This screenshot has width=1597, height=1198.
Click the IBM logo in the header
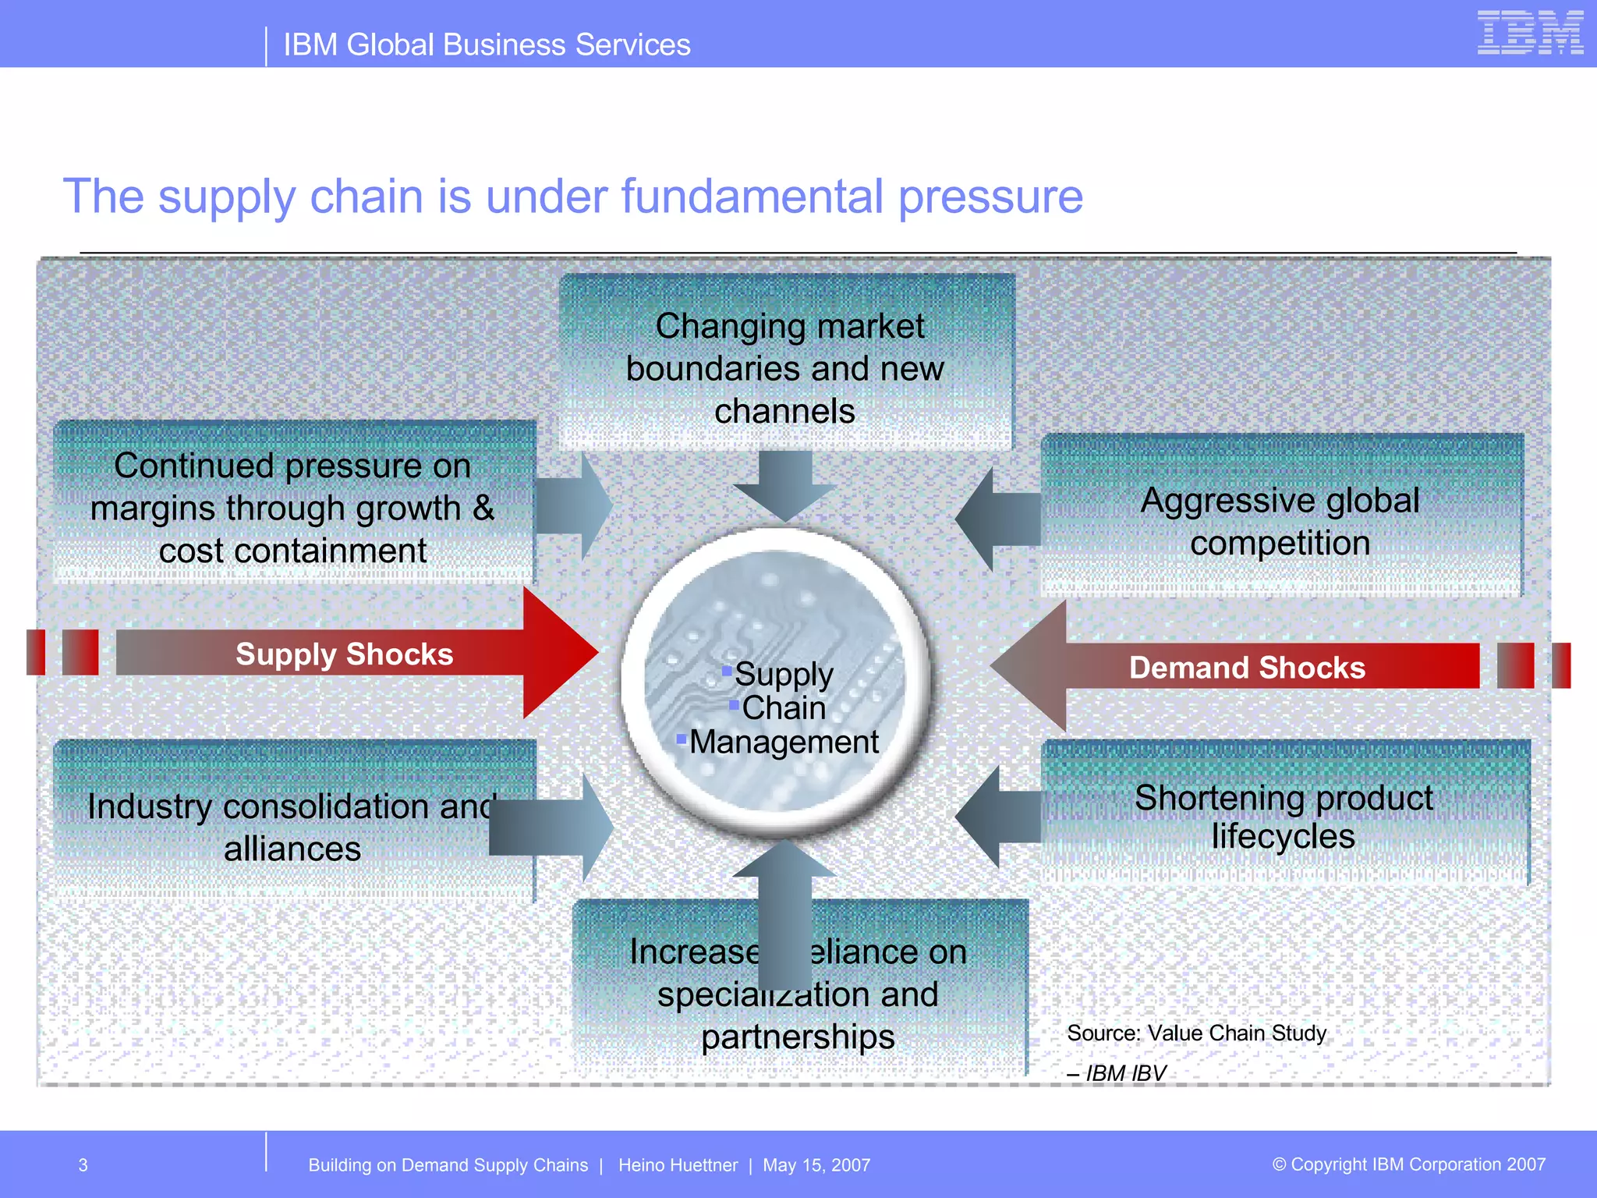(x=1529, y=33)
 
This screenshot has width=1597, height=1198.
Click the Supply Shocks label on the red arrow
(x=344, y=654)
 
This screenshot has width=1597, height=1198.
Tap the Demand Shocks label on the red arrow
(x=1247, y=668)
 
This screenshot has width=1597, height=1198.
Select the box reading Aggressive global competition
(x=1280, y=521)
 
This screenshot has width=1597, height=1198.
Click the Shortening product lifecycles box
(x=1284, y=816)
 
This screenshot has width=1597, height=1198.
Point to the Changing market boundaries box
(x=786, y=368)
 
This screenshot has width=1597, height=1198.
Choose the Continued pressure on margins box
(x=292, y=508)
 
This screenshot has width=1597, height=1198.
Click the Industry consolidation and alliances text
(x=292, y=827)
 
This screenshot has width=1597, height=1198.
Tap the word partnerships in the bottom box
(x=798, y=1037)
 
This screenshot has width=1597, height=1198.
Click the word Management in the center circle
(x=784, y=742)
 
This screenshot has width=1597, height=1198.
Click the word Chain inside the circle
(x=784, y=708)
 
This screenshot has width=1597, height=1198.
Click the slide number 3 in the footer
(x=83, y=1165)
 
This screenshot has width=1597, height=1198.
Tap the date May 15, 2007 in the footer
(x=816, y=1165)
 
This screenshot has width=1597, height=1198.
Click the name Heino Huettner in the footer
(x=678, y=1165)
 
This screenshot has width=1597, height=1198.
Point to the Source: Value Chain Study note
(x=1196, y=1033)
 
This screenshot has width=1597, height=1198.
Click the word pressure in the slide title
(x=990, y=197)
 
